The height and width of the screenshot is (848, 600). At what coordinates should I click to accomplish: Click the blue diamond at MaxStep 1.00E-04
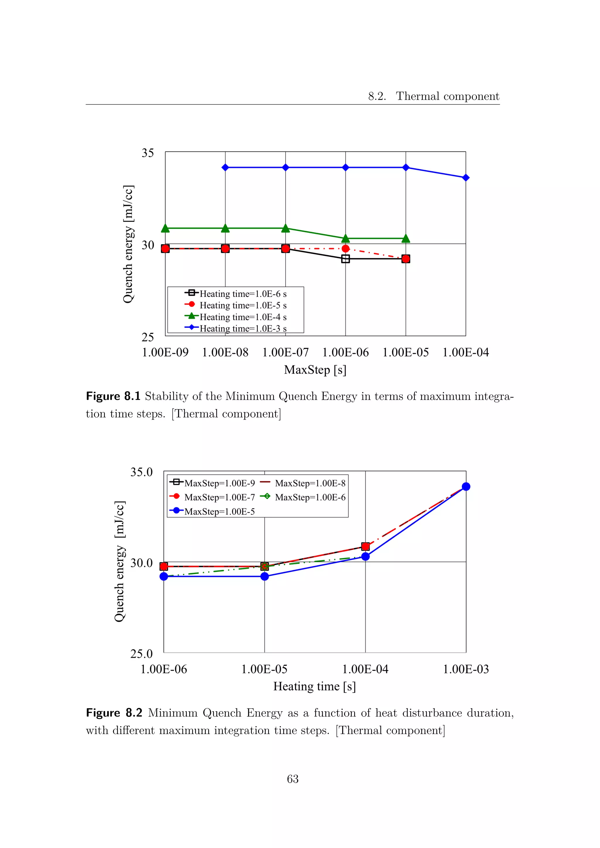[x=466, y=178]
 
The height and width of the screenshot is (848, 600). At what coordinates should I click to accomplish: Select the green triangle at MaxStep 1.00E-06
[x=345, y=238]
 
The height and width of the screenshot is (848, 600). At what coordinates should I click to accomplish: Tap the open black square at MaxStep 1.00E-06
[x=345, y=259]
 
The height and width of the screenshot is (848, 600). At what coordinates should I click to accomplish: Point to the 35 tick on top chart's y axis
[x=148, y=153]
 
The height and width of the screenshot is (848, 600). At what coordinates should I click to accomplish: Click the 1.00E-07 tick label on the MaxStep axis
[x=285, y=352]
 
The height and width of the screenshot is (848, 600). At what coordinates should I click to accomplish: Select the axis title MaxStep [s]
[x=315, y=370]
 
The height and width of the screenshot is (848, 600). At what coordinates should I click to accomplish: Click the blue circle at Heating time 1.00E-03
[x=466, y=486]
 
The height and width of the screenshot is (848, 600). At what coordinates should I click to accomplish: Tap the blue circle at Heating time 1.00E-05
[x=265, y=576]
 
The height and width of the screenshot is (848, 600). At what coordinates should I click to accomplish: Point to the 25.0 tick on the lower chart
[x=142, y=654]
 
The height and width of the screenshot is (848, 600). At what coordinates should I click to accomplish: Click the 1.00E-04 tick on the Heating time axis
[x=365, y=669]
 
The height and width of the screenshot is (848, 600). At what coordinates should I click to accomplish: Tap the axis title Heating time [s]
[x=314, y=687]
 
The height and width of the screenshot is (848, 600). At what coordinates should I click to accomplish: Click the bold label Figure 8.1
[x=113, y=396]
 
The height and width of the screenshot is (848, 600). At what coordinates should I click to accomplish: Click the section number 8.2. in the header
[x=377, y=96]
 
